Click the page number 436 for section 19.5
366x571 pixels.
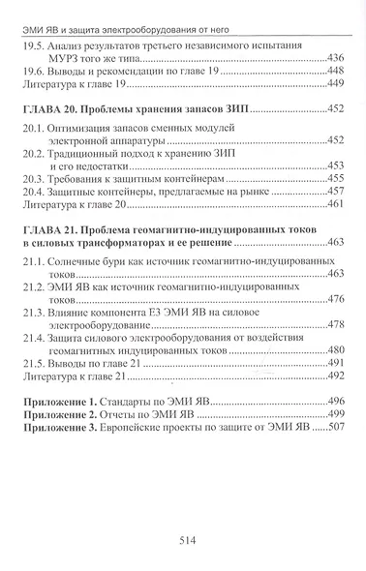[339, 58]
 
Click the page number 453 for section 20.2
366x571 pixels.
[339, 166]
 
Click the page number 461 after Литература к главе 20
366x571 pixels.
[339, 206]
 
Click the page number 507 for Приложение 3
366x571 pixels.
[339, 427]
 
